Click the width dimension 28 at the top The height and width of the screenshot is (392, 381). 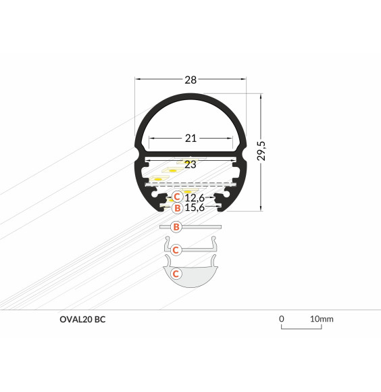click(190, 80)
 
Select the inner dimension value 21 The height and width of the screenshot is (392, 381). click(190, 139)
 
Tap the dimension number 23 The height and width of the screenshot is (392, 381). click(190, 164)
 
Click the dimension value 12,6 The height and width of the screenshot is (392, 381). click(194, 197)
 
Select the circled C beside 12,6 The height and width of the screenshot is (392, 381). click(176, 197)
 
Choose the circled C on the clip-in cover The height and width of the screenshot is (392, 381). click(176, 249)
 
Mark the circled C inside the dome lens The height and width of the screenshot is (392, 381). click(176, 274)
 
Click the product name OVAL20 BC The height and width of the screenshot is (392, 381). click(82, 318)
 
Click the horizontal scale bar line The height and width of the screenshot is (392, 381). click(301, 328)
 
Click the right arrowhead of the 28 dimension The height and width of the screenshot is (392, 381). click(245, 80)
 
